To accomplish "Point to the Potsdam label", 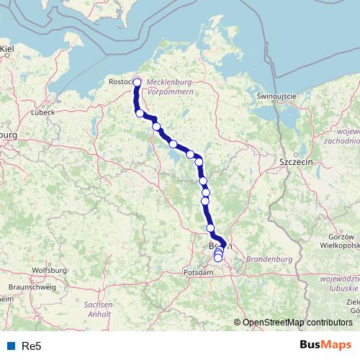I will [x=199, y=273].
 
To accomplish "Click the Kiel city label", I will [x=8, y=49].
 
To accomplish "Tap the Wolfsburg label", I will [x=50, y=270].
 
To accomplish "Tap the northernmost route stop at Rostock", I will [x=137, y=82].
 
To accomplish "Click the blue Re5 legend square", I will [x=10, y=346].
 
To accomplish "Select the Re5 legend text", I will [x=30, y=346].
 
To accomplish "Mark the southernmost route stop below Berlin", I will [x=218, y=258].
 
